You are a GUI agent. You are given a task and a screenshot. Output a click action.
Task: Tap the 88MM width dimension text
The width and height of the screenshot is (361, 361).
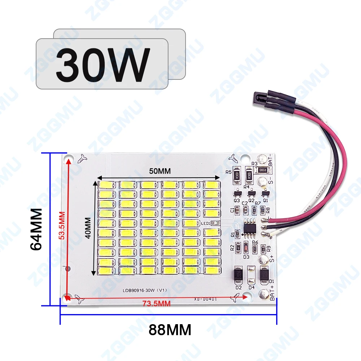click(x=169, y=329)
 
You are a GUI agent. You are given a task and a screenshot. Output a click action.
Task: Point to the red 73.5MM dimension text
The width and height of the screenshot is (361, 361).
click(x=156, y=304)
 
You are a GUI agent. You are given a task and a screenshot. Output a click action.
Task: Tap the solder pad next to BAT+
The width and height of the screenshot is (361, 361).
click(x=264, y=294)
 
